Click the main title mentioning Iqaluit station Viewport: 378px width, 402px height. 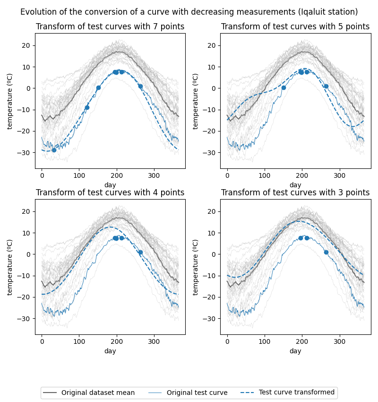189,12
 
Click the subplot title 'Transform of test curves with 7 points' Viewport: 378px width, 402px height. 110,27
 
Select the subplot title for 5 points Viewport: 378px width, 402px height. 295,27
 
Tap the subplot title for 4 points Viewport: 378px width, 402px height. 110,193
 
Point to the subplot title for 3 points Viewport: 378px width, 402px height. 295,193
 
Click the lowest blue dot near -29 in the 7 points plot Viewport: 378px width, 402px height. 54,150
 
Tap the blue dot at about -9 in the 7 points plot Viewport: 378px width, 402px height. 87,107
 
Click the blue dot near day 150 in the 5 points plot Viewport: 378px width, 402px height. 283,87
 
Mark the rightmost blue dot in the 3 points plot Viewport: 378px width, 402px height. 326,252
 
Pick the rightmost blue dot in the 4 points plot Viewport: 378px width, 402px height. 140,252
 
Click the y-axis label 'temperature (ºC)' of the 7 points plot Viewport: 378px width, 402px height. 10,101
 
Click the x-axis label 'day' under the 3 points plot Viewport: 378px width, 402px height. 295,351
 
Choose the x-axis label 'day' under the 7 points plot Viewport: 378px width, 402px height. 110,185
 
